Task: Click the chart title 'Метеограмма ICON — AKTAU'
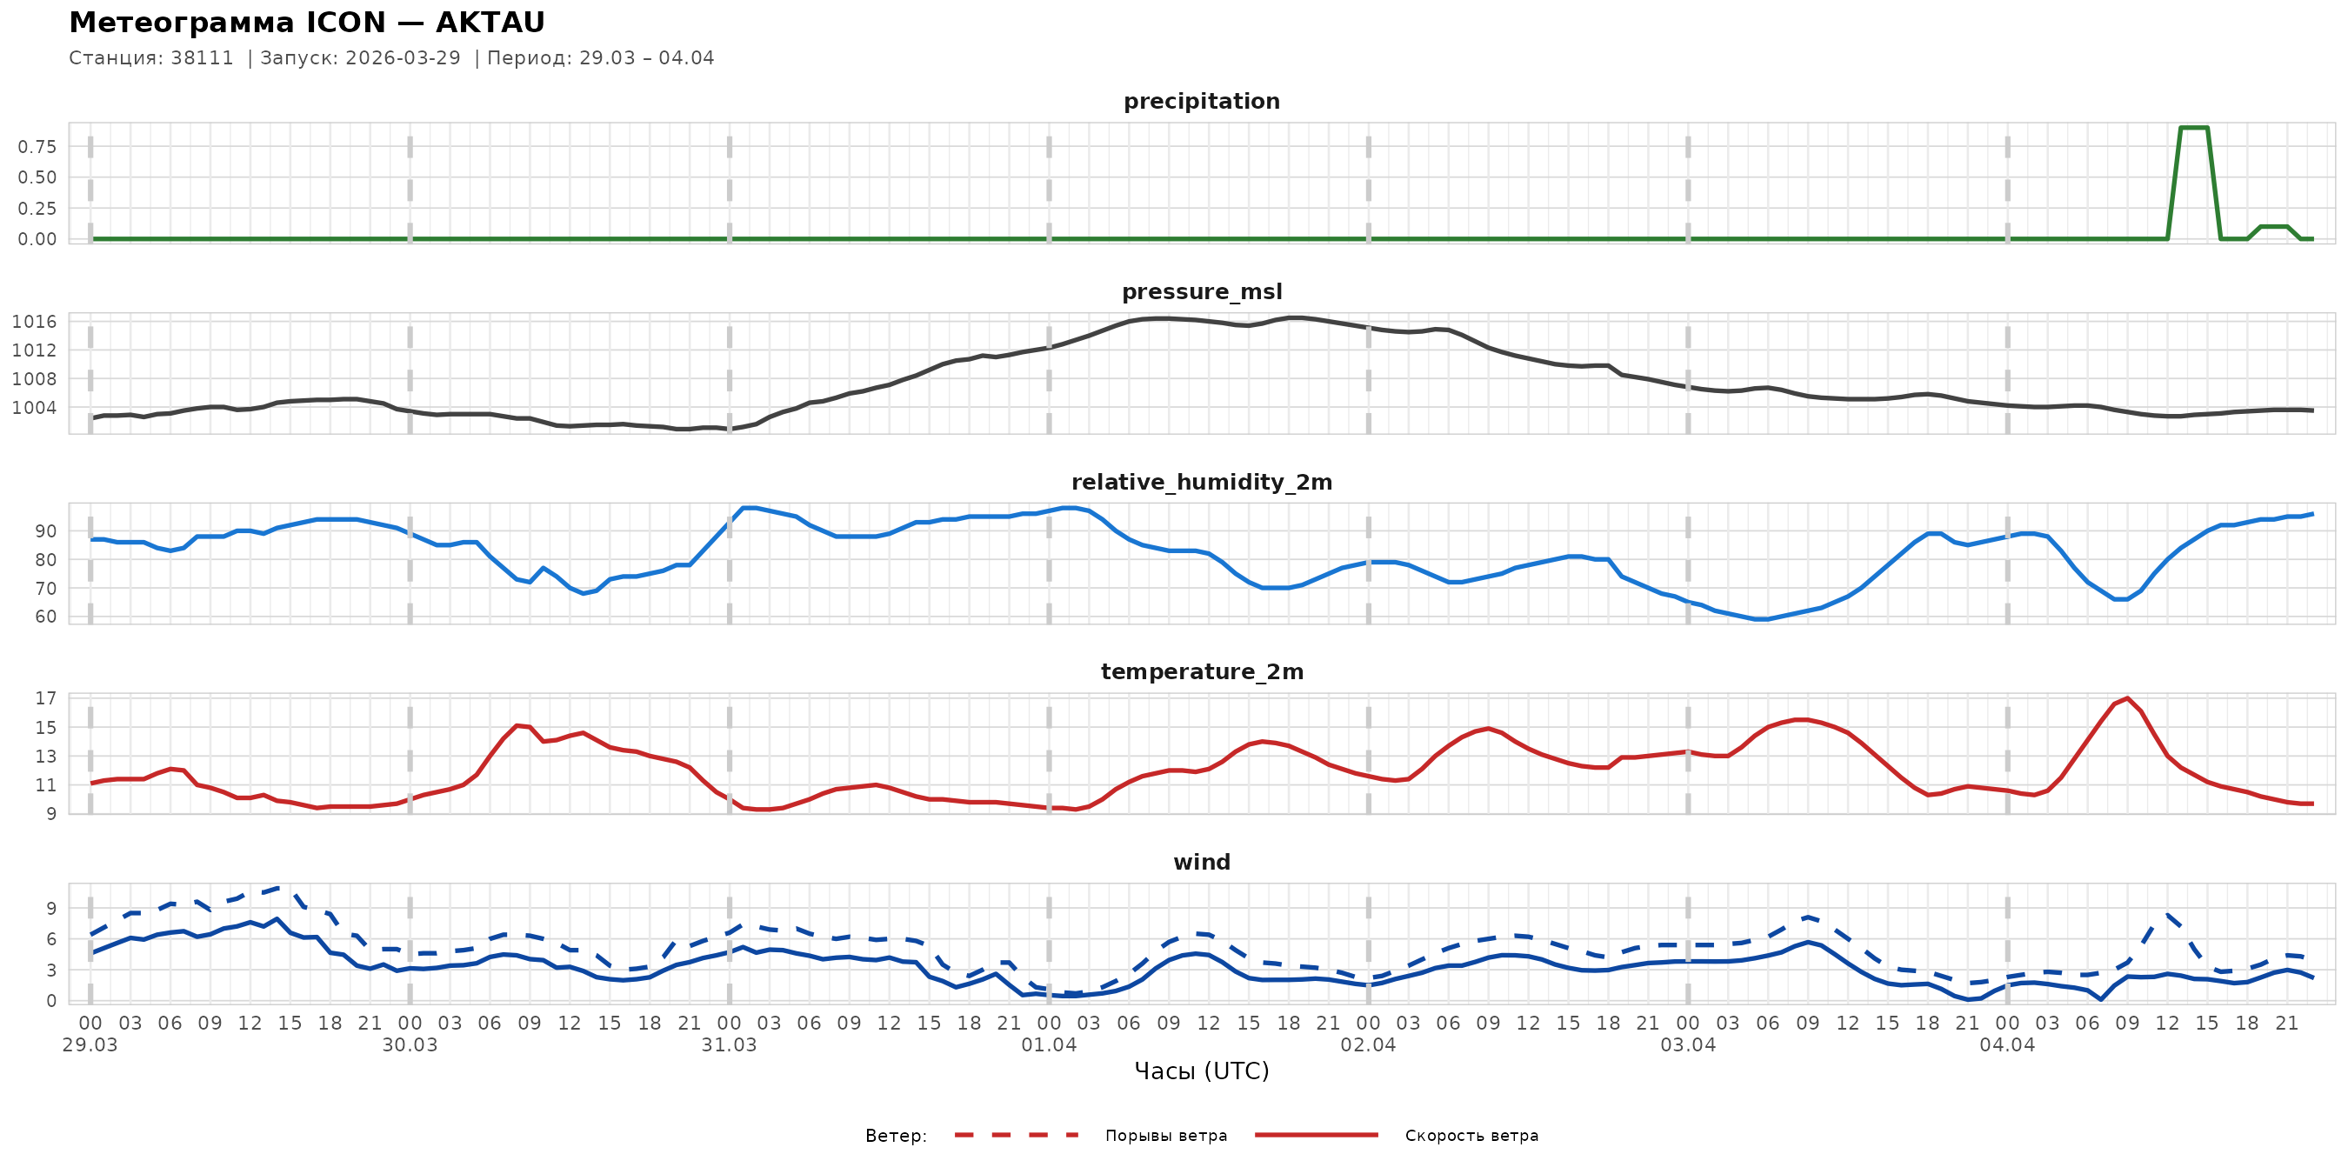(306, 23)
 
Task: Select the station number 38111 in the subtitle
(202, 58)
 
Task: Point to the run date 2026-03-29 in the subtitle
(403, 58)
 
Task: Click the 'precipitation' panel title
(1201, 101)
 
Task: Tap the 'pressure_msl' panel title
(1201, 291)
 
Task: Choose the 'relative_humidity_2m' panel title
(1201, 482)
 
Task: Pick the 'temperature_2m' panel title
(1201, 671)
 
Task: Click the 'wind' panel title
(1201, 863)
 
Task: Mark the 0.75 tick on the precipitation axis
(37, 147)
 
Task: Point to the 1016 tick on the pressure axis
(34, 322)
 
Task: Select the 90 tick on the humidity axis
(45, 531)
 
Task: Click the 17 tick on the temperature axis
(45, 698)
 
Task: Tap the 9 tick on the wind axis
(51, 908)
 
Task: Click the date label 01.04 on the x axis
(1048, 1045)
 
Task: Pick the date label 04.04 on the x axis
(2007, 1045)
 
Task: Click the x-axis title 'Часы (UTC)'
(1201, 1071)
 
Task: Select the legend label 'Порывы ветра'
(1166, 1136)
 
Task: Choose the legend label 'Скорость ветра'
(1471, 1136)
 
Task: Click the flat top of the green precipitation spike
(2194, 128)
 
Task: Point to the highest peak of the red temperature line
(2127, 698)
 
